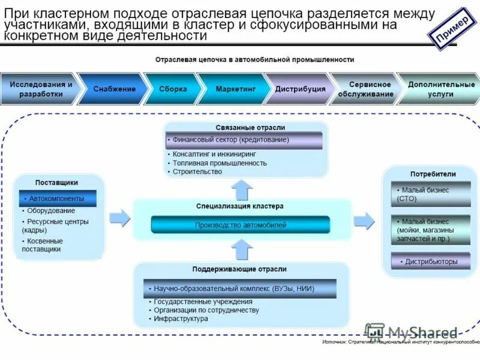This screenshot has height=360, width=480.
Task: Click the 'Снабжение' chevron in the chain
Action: [x=114, y=89]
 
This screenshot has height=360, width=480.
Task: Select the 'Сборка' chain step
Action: [x=173, y=89]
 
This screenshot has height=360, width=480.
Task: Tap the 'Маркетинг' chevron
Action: [x=236, y=89]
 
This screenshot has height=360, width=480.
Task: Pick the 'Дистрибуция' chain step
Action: [x=300, y=89]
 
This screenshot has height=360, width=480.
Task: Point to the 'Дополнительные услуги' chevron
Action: [x=441, y=89]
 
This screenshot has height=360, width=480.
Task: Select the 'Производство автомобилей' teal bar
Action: [x=241, y=225]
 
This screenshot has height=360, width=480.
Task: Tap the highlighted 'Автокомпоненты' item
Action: [x=57, y=198]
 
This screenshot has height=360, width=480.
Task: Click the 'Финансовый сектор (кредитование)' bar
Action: [x=244, y=140]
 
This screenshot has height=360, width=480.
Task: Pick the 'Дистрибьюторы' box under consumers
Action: [x=431, y=261]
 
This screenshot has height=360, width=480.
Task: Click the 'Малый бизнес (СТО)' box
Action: [x=431, y=194]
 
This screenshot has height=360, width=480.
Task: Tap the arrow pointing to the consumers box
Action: [x=364, y=221]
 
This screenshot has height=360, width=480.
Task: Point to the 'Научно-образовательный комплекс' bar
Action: [x=239, y=289]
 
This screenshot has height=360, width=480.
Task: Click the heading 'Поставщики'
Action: [x=56, y=182]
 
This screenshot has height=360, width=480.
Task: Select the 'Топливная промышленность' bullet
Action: [x=220, y=163]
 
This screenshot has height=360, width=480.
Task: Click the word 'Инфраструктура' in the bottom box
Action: [x=181, y=319]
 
